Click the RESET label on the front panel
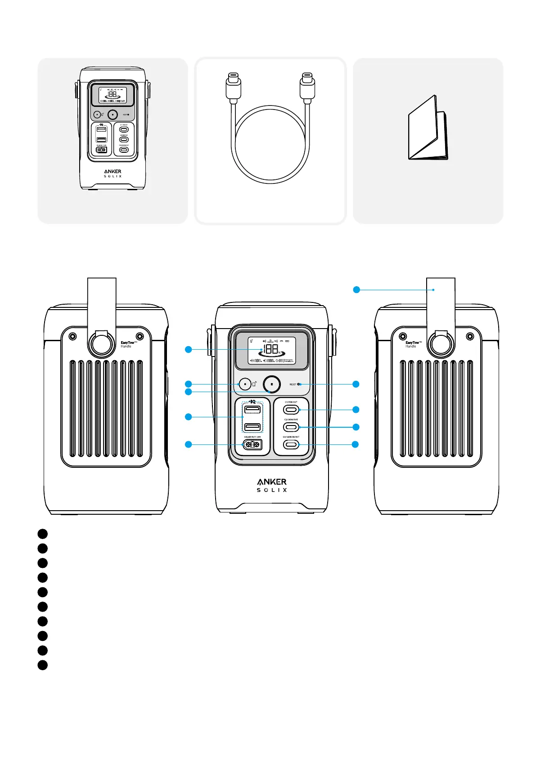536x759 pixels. tap(293, 384)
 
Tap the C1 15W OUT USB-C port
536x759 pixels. tap(291, 410)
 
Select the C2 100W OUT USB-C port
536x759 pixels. tap(291, 427)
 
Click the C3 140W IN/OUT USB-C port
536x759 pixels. tap(291, 444)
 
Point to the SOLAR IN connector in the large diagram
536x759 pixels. tap(252, 444)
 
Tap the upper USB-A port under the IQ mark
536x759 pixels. tap(252, 409)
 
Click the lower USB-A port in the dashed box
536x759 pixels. tap(252, 427)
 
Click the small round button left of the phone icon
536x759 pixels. tap(245, 384)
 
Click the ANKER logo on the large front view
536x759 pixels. tap(272, 482)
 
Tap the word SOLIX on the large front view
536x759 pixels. tap(272, 490)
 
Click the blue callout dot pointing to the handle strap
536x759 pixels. tap(356, 290)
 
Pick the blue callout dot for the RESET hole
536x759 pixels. tap(356, 384)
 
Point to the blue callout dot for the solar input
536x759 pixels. tap(189, 444)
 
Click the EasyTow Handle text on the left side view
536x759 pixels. tap(128, 344)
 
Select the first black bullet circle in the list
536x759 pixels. tap(42, 534)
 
